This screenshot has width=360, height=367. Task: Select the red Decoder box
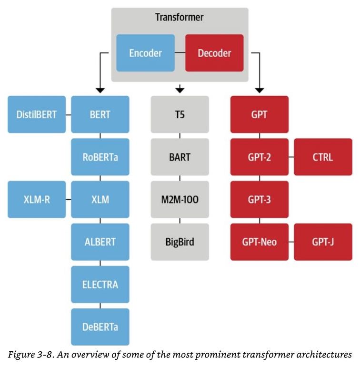click(x=214, y=53)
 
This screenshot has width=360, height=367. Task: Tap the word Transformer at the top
click(x=179, y=18)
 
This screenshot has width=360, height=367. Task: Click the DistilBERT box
click(x=37, y=114)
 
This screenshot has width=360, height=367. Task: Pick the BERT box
click(x=100, y=114)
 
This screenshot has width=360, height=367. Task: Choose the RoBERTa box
click(x=100, y=157)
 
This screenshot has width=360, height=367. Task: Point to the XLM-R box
click(x=37, y=199)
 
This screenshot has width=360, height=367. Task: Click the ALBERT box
click(x=100, y=242)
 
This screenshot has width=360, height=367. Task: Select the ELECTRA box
click(x=100, y=285)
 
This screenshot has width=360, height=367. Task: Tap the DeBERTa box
click(x=100, y=327)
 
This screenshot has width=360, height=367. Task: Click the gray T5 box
click(x=180, y=114)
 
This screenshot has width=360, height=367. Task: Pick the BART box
click(x=180, y=157)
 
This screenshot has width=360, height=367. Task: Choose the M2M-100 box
click(x=180, y=199)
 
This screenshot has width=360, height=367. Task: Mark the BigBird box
click(x=180, y=242)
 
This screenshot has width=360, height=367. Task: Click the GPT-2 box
click(x=259, y=157)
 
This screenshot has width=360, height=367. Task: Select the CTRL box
click(x=323, y=157)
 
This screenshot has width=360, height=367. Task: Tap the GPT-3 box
click(x=259, y=199)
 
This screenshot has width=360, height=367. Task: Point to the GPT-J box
click(x=323, y=242)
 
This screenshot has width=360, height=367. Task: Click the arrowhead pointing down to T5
click(x=180, y=89)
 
